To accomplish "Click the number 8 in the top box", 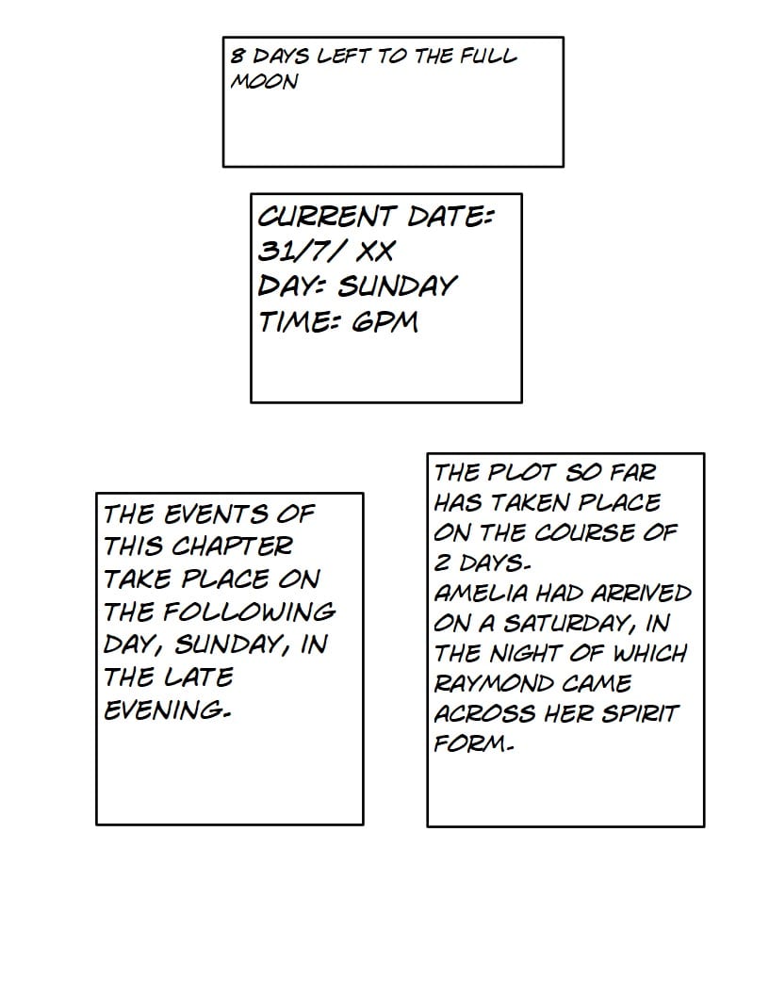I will (237, 56).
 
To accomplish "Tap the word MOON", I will (264, 81).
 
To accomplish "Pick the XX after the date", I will (375, 251).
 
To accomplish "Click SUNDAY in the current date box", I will (396, 285).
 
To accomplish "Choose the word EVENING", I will (167, 710).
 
